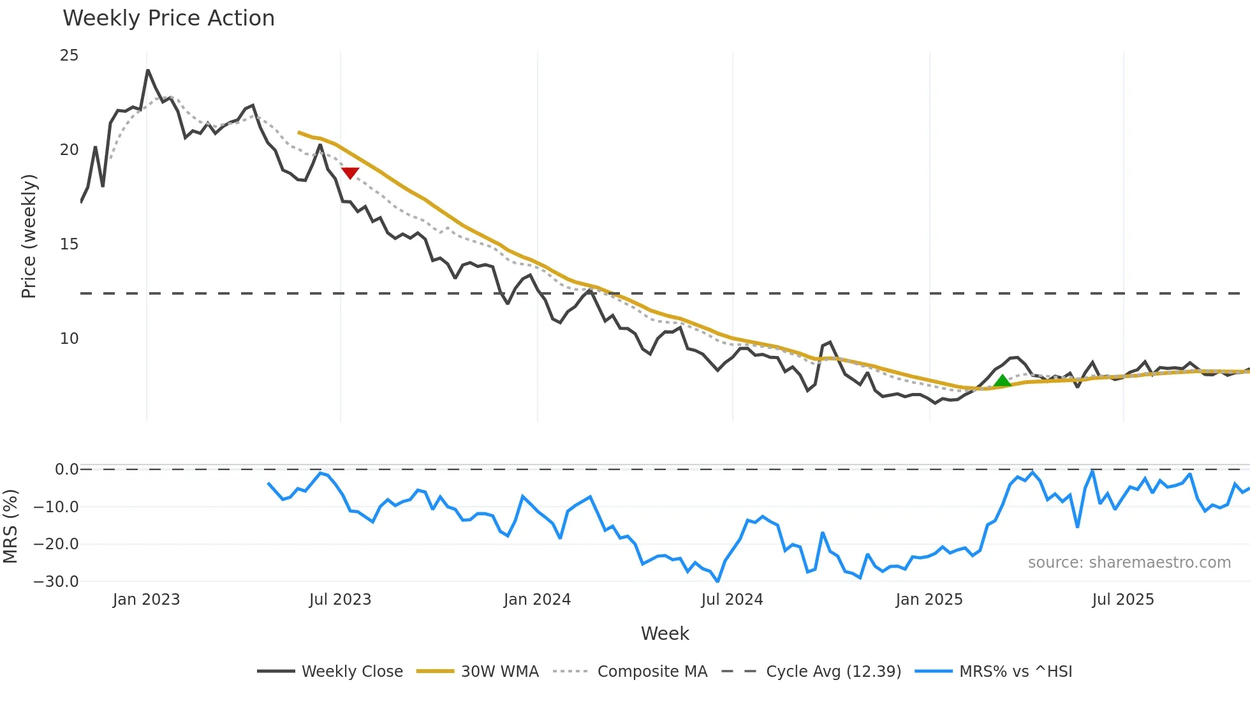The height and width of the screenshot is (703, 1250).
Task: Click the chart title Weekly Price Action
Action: click(x=168, y=18)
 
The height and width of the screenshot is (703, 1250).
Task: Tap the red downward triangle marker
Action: click(x=350, y=173)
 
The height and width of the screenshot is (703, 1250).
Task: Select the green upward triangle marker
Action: click(x=1003, y=381)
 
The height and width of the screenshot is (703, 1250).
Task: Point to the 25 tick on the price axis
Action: click(x=69, y=56)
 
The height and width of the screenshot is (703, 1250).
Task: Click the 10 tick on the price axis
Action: click(x=69, y=339)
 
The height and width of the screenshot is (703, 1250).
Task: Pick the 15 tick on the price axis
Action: click(x=69, y=244)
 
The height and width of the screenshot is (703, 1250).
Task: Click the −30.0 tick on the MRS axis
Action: click(x=57, y=582)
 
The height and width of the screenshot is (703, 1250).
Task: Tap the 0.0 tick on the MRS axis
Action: click(x=66, y=470)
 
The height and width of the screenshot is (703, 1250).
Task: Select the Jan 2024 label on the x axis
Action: click(x=537, y=600)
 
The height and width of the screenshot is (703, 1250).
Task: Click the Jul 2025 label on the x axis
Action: click(x=1122, y=600)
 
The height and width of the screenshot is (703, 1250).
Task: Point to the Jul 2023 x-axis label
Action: click(x=340, y=600)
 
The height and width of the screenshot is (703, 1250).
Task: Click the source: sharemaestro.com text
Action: click(x=1129, y=563)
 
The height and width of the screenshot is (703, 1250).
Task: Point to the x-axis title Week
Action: click(x=665, y=633)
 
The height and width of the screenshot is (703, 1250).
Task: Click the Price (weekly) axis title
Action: click(x=29, y=236)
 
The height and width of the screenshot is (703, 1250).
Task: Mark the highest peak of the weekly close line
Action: click(x=148, y=70)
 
